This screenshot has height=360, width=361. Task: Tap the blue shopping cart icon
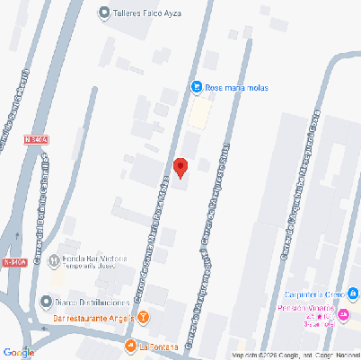coord(196,87)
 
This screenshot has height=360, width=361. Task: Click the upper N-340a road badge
coord(36,140)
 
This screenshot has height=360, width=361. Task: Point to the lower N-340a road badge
coord(14,262)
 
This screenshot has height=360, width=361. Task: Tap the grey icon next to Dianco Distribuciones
coord(47,301)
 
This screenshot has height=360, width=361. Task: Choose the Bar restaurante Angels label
coord(93,318)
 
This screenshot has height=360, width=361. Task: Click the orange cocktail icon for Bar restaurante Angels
coord(144,318)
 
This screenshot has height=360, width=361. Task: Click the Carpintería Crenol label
coord(314,294)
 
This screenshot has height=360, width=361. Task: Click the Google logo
coord(19,351)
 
